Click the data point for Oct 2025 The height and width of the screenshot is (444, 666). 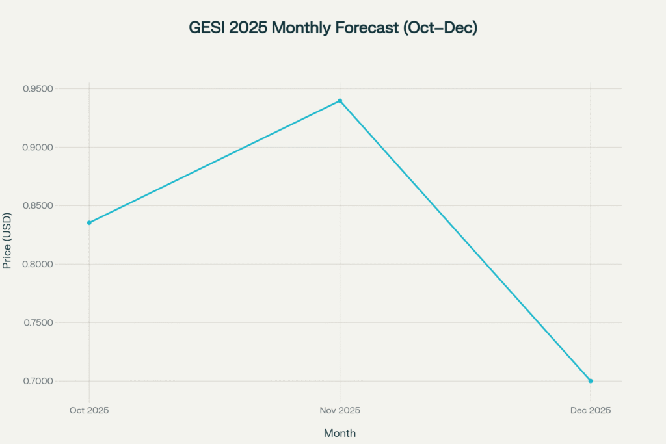[89, 222]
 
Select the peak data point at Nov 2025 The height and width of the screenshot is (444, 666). [340, 101]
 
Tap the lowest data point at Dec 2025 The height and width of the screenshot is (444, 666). [591, 380]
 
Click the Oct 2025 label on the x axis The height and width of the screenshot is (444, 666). [89, 411]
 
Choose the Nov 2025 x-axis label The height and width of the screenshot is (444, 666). [340, 411]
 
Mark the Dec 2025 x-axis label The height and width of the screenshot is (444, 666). [591, 411]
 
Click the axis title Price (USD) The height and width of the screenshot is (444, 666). [7, 241]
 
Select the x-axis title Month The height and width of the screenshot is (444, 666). [340, 433]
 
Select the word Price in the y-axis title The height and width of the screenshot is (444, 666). [7, 256]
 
